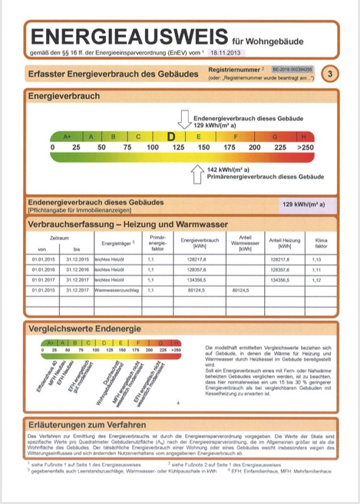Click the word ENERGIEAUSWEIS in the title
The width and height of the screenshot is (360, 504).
pyautogui.click(x=129, y=37)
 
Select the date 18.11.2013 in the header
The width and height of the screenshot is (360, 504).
pyautogui.click(x=226, y=53)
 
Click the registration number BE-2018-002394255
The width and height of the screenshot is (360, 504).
pyautogui.click(x=293, y=69)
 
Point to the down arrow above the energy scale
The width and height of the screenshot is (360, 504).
pyautogui.click(x=184, y=119)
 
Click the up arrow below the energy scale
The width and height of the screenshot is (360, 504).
pyautogui.click(x=197, y=174)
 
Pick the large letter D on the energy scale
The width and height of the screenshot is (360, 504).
pyautogui.click(x=172, y=137)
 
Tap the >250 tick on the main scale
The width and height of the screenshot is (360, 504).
pyautogui.click(x=305, y=147)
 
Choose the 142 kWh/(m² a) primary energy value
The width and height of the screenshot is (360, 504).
pyautogui.click(x=228, y=169)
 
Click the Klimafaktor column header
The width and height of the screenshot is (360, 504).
pyautogui.click(x=321, y=243)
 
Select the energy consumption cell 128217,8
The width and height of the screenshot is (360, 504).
pyautogui.click(x=198, y=260)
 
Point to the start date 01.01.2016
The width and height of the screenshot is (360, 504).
pyautogui.click(x=44, y=270)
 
